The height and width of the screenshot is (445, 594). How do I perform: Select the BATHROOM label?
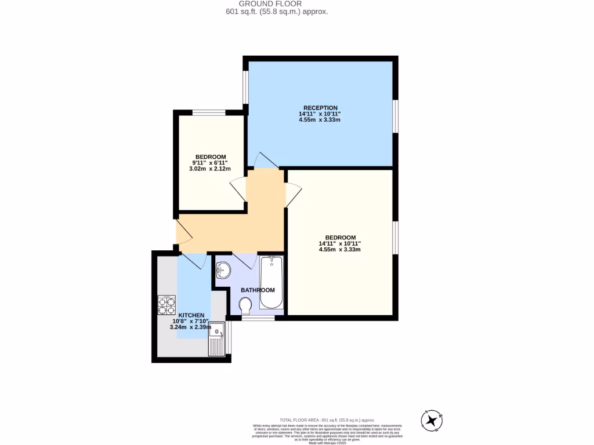[x=258, y=290]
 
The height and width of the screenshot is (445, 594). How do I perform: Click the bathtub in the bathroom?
[x=271, y=282]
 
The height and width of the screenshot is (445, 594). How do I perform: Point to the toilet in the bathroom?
[x=245, y=305]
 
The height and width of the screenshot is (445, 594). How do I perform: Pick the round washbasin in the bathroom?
[x=223, y=269]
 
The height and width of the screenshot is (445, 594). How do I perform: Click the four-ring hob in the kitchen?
[x=167, y=305]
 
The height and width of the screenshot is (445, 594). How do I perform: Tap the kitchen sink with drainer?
[x=218, y=339]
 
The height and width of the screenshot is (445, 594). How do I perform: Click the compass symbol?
[x=432, y=420]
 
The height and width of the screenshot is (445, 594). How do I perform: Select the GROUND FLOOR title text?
[x=278, y=3]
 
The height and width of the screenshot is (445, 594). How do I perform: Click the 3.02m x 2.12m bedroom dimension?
[x=210, y=169]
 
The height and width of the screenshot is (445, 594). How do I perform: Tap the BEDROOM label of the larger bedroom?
[x=340, y=238]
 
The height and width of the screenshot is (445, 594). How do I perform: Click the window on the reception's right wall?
[x=396, y=116]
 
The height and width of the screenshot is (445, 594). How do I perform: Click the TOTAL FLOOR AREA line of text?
[x=327, y=420]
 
